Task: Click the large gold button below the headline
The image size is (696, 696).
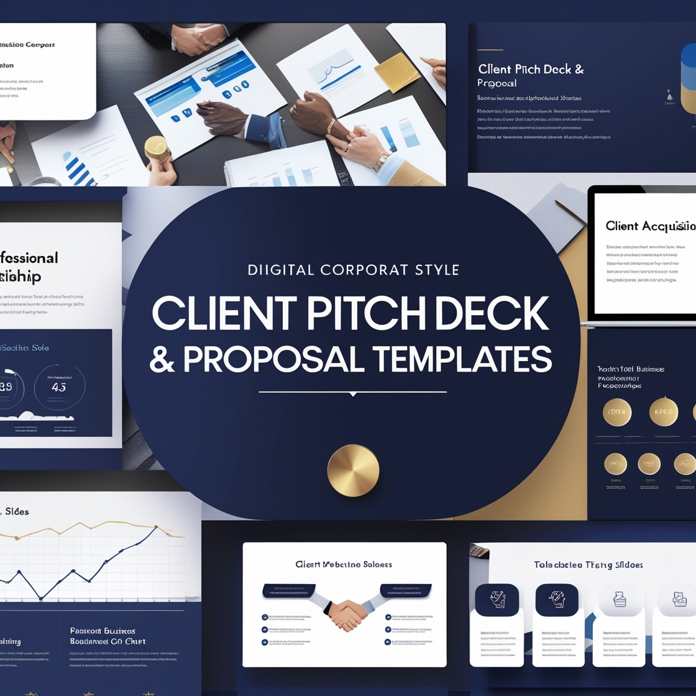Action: [353, 470]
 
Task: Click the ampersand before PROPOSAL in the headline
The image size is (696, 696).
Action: [162, 360]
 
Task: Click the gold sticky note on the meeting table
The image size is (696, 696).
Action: [397, 73]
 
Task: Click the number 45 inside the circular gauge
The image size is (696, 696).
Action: [59, 387]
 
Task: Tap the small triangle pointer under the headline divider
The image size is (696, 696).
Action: [353, 394]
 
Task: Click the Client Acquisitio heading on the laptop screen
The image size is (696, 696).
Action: [650, 226]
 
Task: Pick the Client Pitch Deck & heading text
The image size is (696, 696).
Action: [531, 70]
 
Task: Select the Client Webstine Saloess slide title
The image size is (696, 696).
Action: [344, 564]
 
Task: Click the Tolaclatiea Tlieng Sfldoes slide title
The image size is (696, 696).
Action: [588, 565]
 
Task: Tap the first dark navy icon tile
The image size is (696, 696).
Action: [497, 600]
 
